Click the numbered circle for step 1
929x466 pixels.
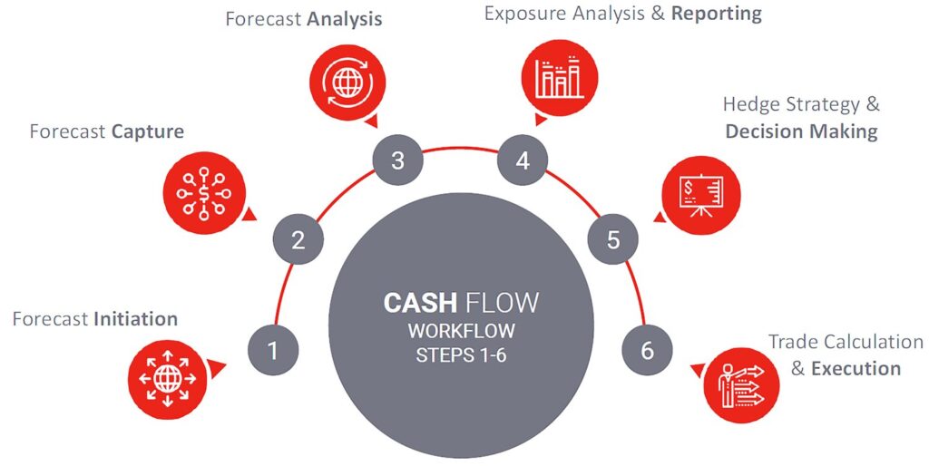(x=273, y=349)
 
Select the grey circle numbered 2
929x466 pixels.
(x=298, y=240)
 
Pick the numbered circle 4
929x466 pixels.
(x=522, y=161)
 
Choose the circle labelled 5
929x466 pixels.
(x=613, y=240)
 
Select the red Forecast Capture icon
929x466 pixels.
(x=202, y=191)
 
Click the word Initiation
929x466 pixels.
(x=135, y=319)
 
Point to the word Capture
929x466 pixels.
(x=147, y=131)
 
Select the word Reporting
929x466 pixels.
(x=717, y=14)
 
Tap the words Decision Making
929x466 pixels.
(x=801, y=131)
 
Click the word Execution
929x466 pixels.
(x=855, y=368)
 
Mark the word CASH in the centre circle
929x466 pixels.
(x=417, y=303)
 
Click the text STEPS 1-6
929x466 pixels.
(x=461, y=354)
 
